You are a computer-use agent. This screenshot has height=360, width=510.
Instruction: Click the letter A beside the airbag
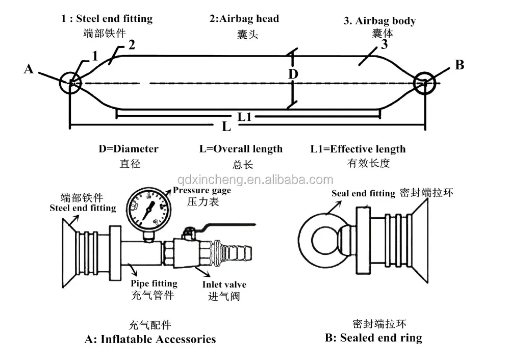29,69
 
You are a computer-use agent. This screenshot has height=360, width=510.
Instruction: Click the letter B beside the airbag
460,65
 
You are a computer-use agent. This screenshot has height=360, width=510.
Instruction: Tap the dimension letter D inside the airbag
293,74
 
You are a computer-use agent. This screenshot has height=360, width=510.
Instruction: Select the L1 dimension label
245,117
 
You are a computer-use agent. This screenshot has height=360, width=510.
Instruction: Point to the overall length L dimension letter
226,126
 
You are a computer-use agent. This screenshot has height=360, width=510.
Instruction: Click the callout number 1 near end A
95,56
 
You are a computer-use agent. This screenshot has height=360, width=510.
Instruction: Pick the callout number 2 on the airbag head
132,44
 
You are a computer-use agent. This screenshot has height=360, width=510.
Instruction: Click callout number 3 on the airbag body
385,44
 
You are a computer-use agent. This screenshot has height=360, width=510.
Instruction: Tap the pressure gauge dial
148,209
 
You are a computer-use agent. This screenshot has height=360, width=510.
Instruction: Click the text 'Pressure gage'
201,190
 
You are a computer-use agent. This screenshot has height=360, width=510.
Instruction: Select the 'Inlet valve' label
224,284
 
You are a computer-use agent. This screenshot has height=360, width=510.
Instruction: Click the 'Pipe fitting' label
154,284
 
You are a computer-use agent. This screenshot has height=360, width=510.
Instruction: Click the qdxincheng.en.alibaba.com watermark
256,179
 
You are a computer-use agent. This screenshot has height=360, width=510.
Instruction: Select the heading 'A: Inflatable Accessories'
150,339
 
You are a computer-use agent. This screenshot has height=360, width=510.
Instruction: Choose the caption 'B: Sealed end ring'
373,338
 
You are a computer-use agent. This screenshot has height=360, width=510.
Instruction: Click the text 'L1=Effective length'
358,149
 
